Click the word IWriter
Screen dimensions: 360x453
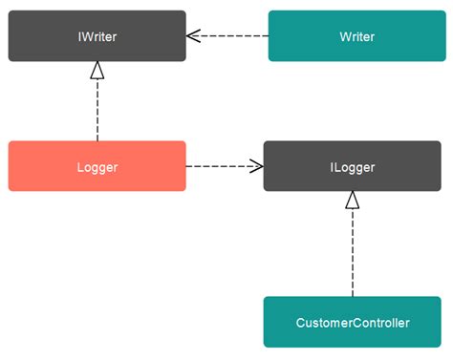[97, 36]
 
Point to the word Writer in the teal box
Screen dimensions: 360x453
[356, 36]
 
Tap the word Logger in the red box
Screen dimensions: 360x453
[97, 167]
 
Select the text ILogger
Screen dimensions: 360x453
[352, 167]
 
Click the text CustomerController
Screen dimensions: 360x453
[352, 323]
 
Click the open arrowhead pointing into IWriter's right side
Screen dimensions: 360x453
[194, 36]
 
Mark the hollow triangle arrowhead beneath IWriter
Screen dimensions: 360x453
[97, 71]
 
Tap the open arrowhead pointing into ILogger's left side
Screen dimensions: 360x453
[255, 166]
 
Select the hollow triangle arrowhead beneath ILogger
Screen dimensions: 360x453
[352, 201]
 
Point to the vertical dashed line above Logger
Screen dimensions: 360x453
[97, 110]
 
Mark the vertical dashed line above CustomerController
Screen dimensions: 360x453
[352, 253]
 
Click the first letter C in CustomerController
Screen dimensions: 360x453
[301, 323]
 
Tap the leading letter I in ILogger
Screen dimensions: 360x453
[332, 167]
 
